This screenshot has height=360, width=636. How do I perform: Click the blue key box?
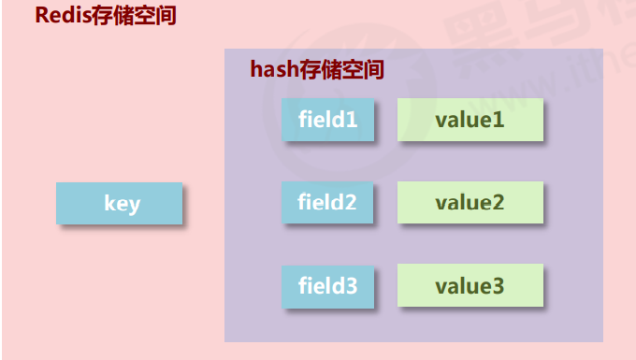tap(119, 203)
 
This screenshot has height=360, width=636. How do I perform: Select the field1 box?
tap(328, 120)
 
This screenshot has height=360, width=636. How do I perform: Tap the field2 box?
tap(328, 202)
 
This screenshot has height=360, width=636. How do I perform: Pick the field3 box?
tap(328, 286)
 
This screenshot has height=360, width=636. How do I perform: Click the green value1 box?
tap(470, 120)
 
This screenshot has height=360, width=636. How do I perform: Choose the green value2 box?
tap(470, 202)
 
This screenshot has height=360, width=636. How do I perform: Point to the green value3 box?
tap(470, 286)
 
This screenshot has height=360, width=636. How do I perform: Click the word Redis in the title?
tap(64, 16)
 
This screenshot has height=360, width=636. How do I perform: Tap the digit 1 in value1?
tap(499, 120)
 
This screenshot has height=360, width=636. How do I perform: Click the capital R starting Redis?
tap(42, 16)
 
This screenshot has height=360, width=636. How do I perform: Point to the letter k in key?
tap(108, 203)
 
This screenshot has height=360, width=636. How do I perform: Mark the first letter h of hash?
tap(256, 69)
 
